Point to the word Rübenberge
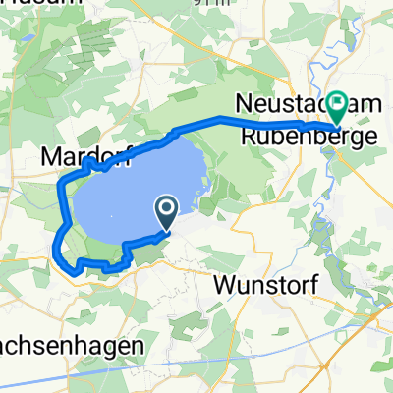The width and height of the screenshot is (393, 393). tap(295, 139)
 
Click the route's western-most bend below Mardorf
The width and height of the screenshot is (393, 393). tap(61, 183)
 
